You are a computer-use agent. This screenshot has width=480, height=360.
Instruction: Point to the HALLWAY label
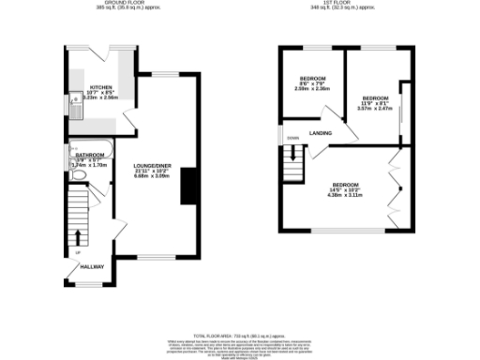coord(92,266)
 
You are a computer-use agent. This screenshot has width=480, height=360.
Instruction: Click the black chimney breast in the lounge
coord(187,184)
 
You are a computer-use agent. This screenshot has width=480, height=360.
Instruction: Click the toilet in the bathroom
coord(79,174)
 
